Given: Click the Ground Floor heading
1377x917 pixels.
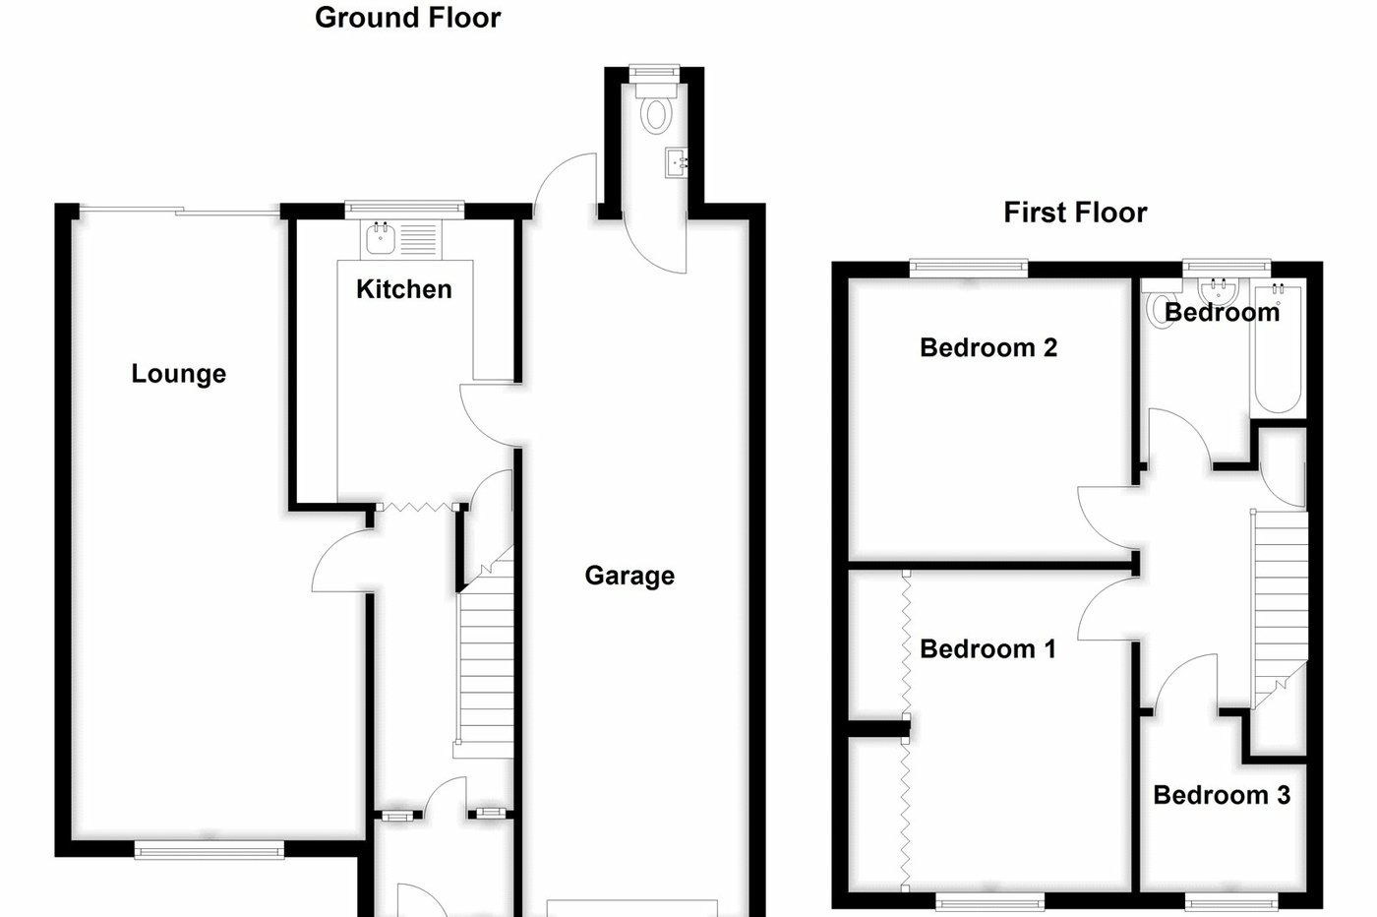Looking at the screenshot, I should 407,18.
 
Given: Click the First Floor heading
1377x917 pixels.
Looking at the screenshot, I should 1075,213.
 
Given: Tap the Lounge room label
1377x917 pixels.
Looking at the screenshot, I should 178,374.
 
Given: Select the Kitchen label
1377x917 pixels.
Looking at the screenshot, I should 403,289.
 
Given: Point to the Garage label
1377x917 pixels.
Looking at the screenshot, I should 629,576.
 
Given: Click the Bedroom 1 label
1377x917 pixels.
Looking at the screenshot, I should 988,649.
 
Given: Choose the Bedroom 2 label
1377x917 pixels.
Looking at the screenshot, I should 988,347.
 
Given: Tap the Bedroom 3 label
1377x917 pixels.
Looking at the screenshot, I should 1222,795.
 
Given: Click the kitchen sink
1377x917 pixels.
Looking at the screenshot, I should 380,238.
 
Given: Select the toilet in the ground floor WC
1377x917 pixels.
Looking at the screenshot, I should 654,111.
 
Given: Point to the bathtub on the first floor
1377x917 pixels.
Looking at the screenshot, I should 1278,349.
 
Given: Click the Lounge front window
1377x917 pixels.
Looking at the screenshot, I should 209,850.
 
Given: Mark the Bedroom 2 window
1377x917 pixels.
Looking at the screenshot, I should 969,266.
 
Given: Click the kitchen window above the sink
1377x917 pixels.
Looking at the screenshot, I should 404,208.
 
